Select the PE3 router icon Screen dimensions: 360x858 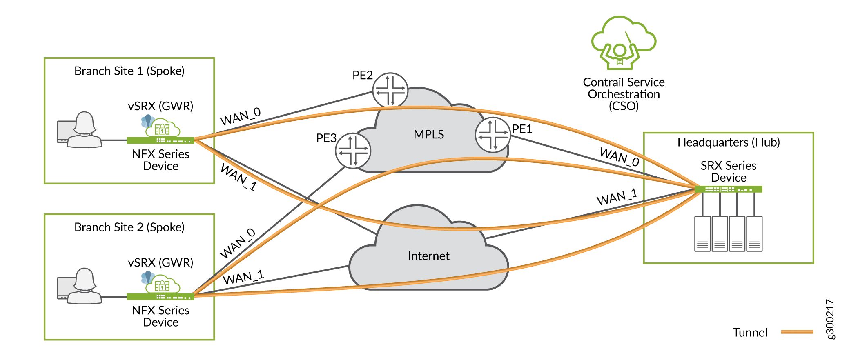click(353, 151)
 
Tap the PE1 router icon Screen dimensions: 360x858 click(493, 135)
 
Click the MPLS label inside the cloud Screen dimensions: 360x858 click(428, 134)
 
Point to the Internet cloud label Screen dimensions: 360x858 click(428, 256)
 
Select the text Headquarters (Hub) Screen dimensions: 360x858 click(728, 142)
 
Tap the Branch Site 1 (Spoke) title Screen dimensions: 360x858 click(129, 71)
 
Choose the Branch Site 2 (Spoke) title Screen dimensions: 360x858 click(129, 227)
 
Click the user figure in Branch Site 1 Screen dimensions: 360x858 click(84, 130)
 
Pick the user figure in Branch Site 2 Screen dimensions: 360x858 click(84, 286)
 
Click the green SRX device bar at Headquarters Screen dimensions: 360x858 click(728, 189)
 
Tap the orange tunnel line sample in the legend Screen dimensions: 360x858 click(797, 332)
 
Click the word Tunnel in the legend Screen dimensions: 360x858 click(750, 332)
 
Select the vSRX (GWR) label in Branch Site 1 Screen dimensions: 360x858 click(160, 106)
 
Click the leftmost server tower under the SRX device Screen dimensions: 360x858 click(702, 234)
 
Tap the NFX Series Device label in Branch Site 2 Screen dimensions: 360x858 click(160, 316)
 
